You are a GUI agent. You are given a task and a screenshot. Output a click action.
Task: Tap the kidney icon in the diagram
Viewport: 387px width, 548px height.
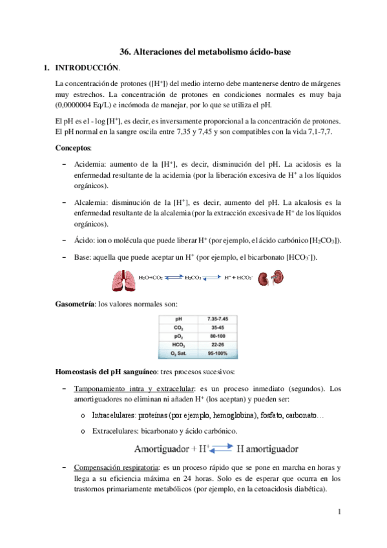264,279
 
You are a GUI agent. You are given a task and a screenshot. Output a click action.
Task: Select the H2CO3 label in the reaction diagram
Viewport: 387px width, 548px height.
194,279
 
